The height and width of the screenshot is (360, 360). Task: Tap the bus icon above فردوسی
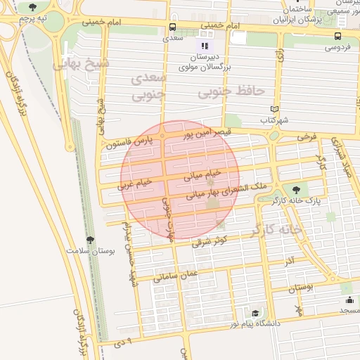pos(338,36)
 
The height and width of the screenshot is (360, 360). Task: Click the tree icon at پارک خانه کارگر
pos(296,189)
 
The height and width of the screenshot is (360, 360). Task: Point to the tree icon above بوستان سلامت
pos(89,240)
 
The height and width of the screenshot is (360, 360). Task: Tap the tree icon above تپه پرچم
pos(32,6)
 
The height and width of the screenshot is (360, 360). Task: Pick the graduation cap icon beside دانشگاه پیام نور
pos(255,314)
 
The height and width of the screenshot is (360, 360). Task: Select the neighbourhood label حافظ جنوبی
pos(231,91)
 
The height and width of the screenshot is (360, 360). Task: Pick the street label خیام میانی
pos(203,174)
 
